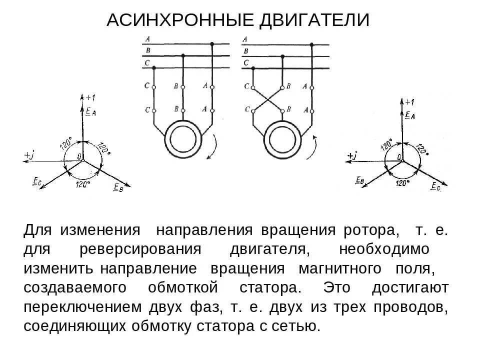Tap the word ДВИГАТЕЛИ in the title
(x=313, y=20)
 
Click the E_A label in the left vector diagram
(x=90, y=112)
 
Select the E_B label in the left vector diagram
(x=118, y=187)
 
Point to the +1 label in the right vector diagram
(x=409, y=102)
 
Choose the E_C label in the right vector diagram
(x=436, y=186)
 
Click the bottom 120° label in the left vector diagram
(x=82, y=184)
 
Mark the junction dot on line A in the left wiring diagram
(x=212, y=44)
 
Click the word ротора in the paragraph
(x=371, y=231)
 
